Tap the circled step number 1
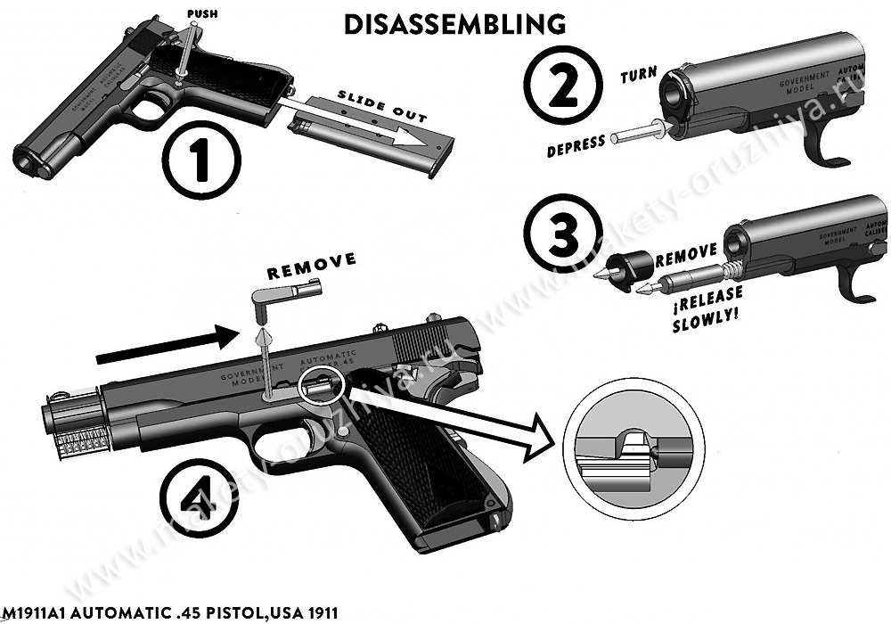(202, 159)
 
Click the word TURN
(639, 76)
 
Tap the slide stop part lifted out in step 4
(286, 294)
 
